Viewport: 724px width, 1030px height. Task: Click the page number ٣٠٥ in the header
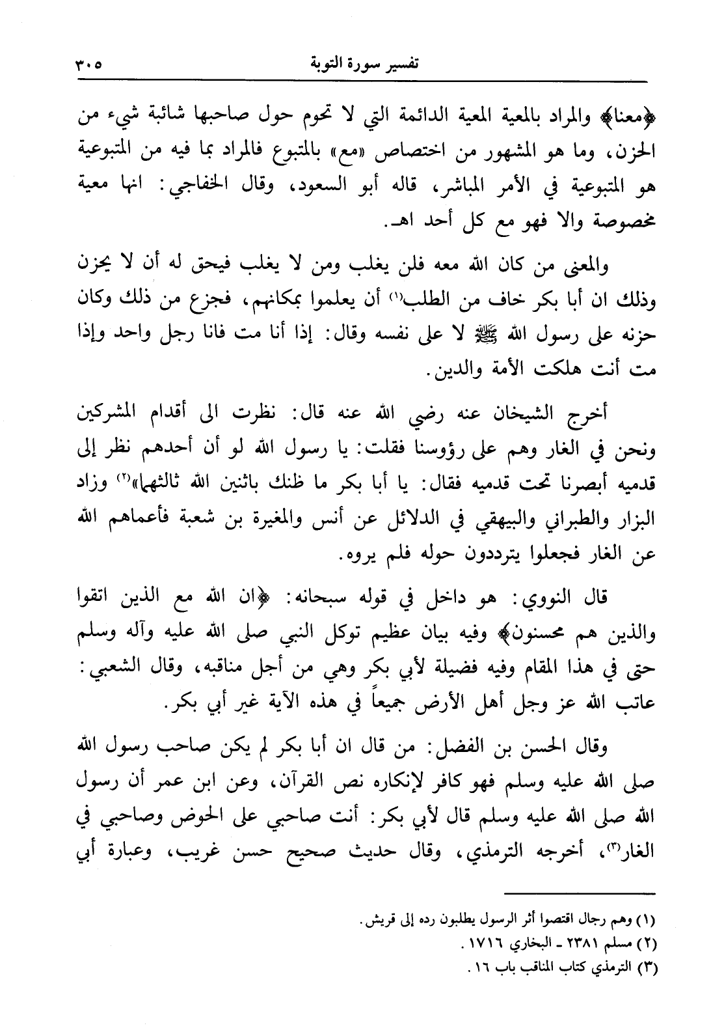click(85, 65)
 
